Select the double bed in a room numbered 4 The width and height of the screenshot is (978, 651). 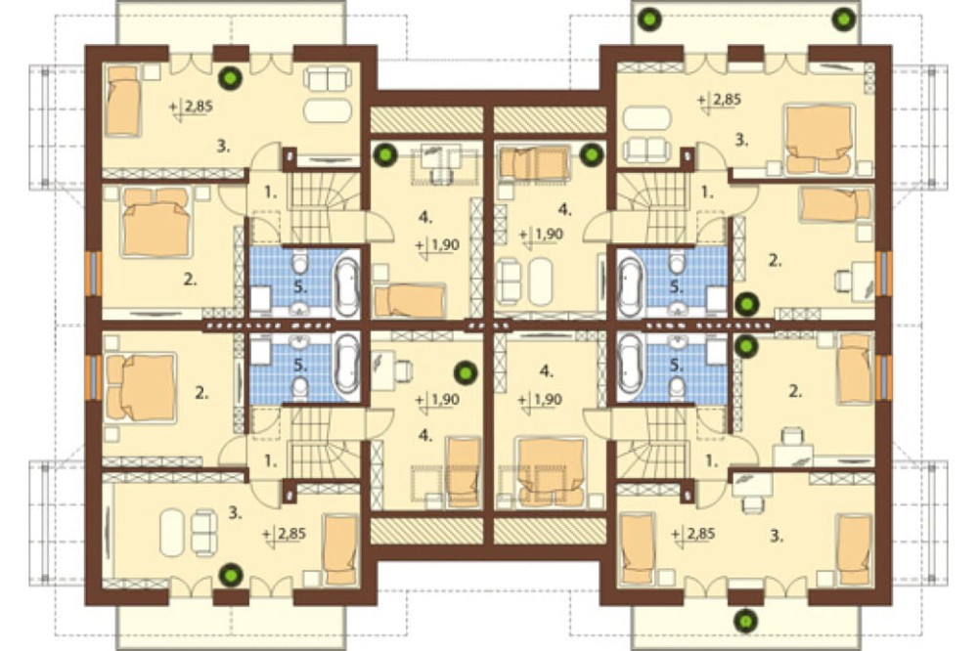point(550,470)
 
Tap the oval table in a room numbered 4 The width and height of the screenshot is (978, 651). point(540,282)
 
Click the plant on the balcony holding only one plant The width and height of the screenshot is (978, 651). point(744,620)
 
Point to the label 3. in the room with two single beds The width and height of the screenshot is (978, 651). point(777,536)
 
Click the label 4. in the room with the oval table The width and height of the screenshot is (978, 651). point(565,209)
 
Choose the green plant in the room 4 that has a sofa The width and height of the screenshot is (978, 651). point(591,154)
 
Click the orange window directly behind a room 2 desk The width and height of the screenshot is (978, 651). point(883,274)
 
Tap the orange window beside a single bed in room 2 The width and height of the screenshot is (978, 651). point(883,378)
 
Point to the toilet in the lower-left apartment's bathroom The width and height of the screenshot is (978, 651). point(300,387)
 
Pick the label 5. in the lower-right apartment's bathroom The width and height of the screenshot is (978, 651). point(677,366)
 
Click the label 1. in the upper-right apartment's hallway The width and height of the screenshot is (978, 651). point(707,193)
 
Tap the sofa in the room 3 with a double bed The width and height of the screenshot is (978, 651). point(648,149)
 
